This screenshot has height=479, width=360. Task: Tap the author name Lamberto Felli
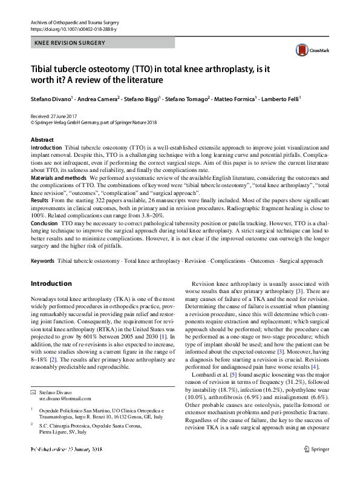point(280,97)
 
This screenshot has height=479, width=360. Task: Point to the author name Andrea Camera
point(93,97)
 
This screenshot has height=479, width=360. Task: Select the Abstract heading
point(42,140)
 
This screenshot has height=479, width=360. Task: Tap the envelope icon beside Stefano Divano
point(34,392)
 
